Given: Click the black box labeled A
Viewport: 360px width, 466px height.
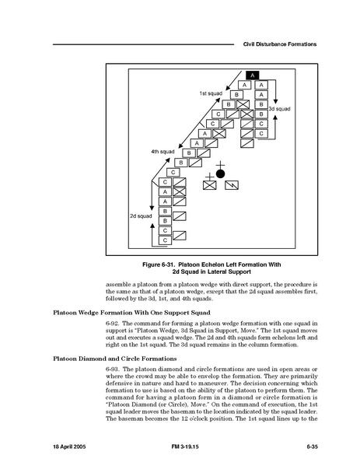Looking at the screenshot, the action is coord(253,75).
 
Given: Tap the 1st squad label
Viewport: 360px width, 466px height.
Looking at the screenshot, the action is coord(211,93).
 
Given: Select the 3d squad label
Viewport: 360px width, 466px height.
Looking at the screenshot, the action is coord(279,109).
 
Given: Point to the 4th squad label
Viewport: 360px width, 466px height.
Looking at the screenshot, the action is coord(163,152).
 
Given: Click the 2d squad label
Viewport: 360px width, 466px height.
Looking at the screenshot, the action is coord(141,216).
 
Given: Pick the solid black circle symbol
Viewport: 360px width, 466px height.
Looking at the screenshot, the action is coord(220,173).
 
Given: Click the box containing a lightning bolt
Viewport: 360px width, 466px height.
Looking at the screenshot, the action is coord(232,185).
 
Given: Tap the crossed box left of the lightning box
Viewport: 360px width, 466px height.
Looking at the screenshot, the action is coord(210,185).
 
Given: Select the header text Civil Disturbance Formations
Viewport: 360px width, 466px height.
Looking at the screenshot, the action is coord(280,44).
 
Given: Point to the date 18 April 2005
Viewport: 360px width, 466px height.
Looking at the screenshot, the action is coord(69,447).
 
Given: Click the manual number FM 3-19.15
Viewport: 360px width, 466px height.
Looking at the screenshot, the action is coord(185,447).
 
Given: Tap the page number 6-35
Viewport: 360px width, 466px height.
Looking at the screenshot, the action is coord(312,447).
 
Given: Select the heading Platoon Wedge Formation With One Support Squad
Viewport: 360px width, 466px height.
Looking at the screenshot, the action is coord(131,313).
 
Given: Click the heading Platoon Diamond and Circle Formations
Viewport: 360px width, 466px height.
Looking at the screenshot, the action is coord(115,359).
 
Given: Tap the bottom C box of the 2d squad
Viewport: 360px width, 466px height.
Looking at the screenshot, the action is coord(165,240).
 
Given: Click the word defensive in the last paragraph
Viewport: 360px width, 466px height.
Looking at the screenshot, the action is coord(120,384).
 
